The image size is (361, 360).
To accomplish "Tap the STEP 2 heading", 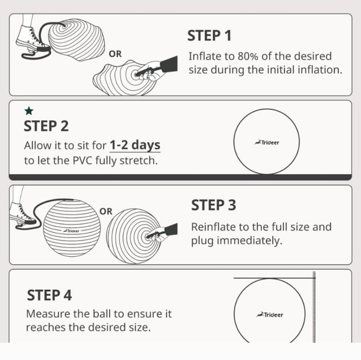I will [x=46, y=126].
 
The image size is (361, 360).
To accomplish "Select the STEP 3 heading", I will [x=213, y=205].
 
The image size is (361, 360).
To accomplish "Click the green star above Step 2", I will [x=29, y=111].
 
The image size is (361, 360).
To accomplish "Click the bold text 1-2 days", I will [x=135, y=145].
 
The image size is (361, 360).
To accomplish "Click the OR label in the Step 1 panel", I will [x=116, y=54].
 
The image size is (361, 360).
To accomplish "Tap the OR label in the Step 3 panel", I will [x=106, y=211].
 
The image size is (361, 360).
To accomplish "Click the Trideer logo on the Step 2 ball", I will [x=267, y=142].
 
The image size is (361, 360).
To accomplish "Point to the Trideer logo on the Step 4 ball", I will [x=270, y=315].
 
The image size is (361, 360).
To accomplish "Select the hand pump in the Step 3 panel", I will [x=164, y=234].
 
